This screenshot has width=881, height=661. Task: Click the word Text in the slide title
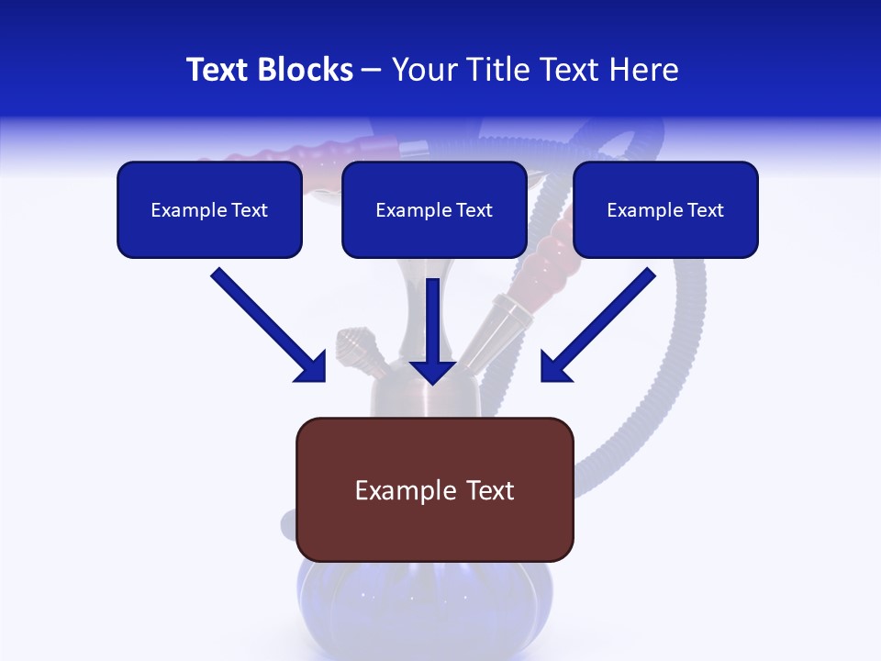(x=217, y=70)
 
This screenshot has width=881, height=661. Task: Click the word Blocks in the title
(x=306, y=70)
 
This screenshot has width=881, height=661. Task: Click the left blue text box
(x=209, y=210)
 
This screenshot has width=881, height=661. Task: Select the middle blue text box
(x=434, y=210)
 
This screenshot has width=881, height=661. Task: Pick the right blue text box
(x=665, y=210)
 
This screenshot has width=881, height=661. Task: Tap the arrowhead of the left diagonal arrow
(x=312, y=368)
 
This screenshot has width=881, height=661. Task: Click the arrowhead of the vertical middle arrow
(x=432, y=371)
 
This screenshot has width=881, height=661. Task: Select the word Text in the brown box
(x=489, y=490)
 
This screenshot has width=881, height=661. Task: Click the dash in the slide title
(x=372, y=70)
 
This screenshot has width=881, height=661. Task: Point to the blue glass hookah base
(x=431, y=606)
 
